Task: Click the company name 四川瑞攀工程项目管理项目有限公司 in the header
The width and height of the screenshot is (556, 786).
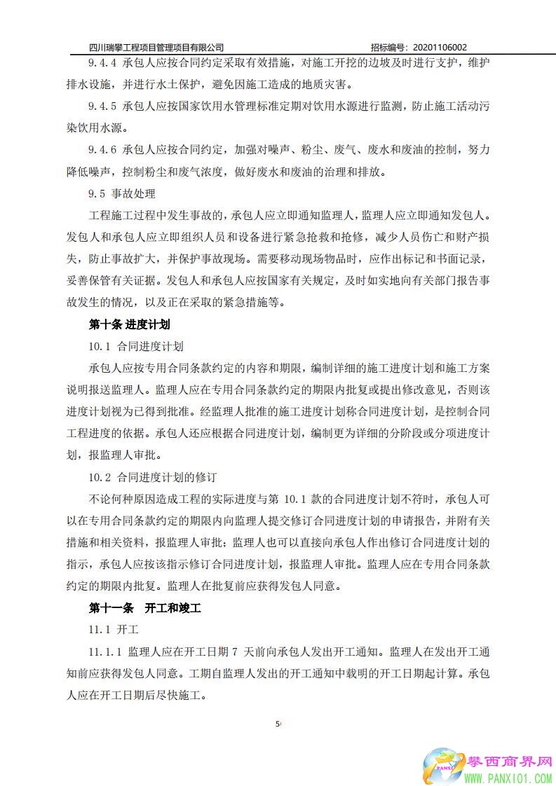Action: coord(157,48)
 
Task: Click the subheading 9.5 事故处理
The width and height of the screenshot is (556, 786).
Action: coord(121,193)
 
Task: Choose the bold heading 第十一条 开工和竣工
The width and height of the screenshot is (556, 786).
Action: coord(144,608)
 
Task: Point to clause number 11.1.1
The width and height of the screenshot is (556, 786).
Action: coord(105,651)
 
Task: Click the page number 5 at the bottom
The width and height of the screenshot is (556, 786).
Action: coord(278,724)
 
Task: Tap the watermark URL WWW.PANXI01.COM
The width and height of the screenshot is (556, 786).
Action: coord(509,778)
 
